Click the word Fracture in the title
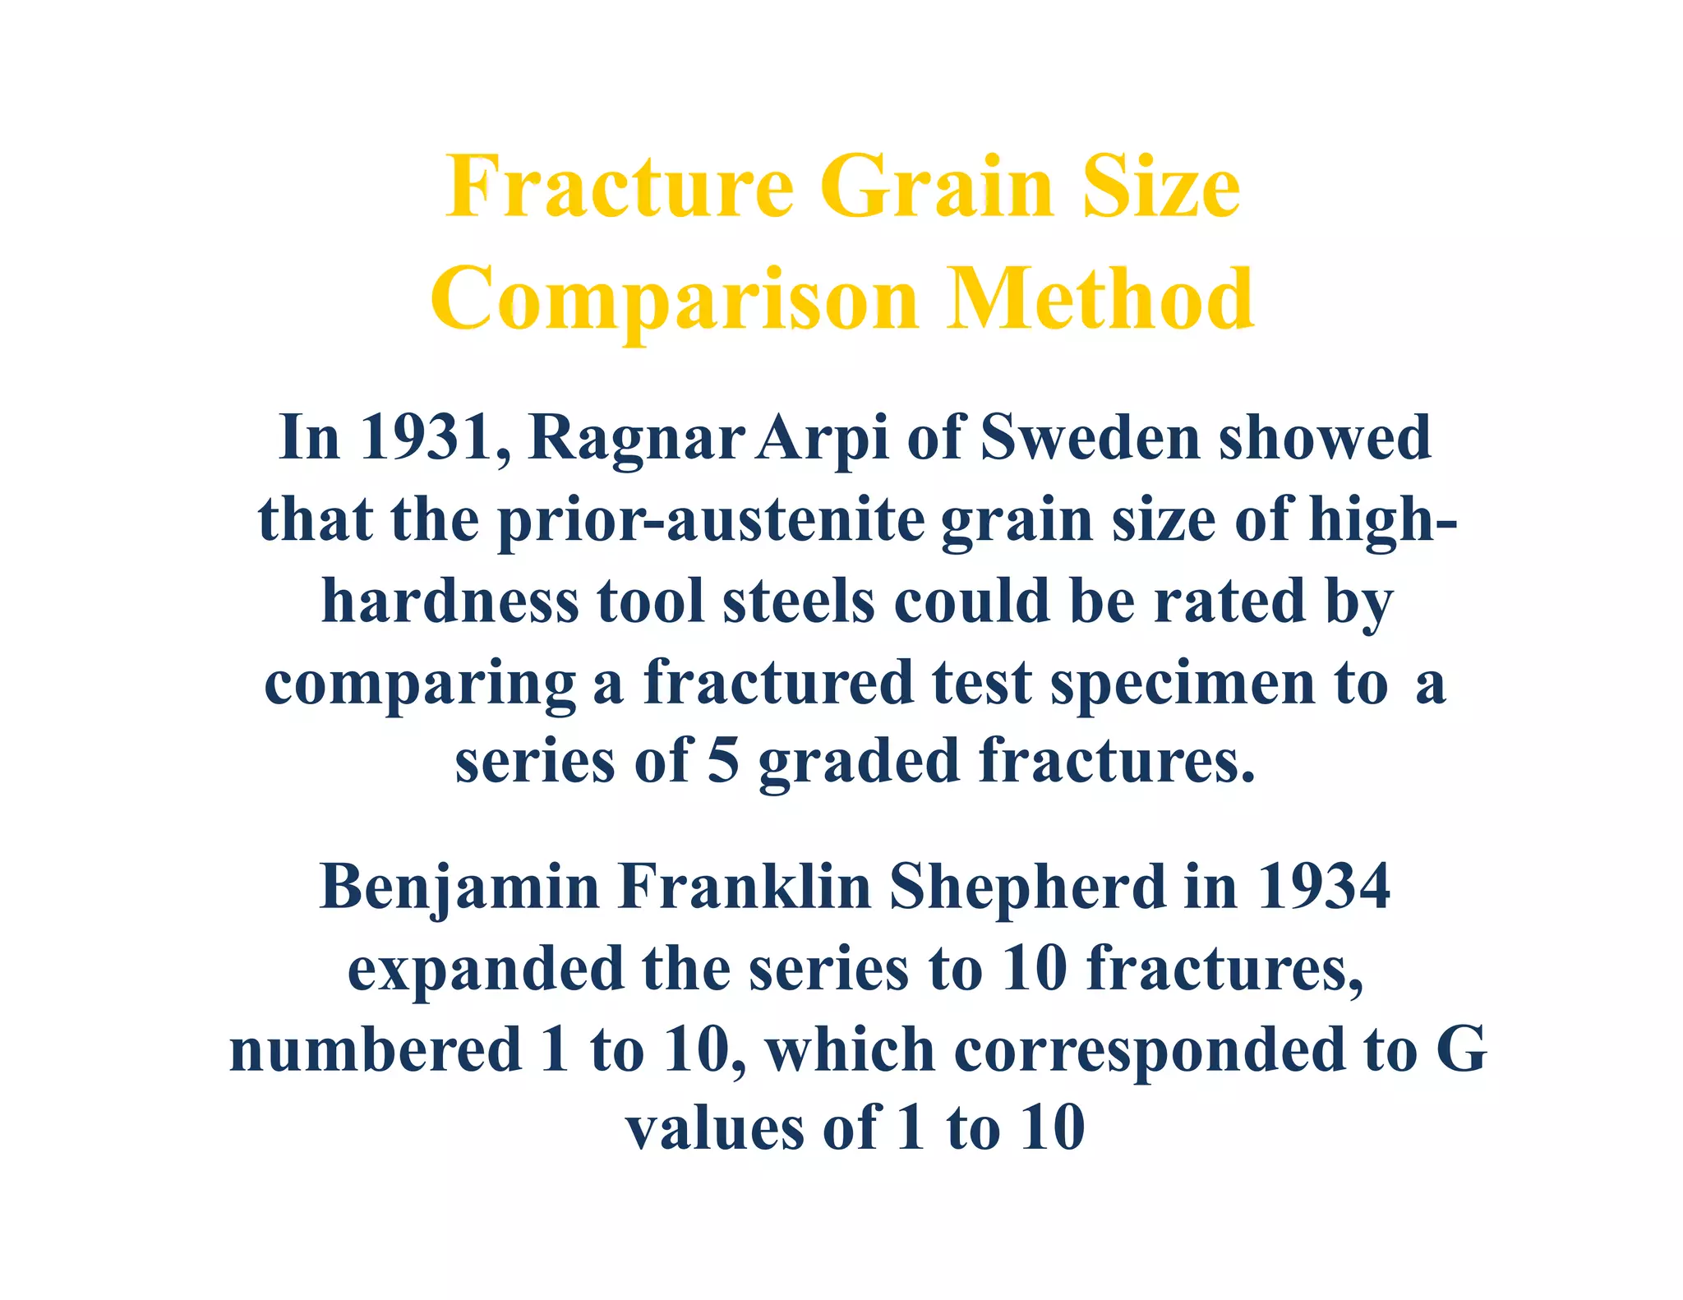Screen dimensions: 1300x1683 620,187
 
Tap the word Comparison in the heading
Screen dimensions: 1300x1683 674,301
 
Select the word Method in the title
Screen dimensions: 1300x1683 1100,299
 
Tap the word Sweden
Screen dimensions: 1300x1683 1090,437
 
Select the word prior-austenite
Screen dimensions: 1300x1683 712,521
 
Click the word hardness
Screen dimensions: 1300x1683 450,602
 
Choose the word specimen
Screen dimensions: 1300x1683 1183,684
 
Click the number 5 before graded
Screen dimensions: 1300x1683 723,761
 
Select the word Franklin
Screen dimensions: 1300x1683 745,887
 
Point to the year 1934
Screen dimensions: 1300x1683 1323,887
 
